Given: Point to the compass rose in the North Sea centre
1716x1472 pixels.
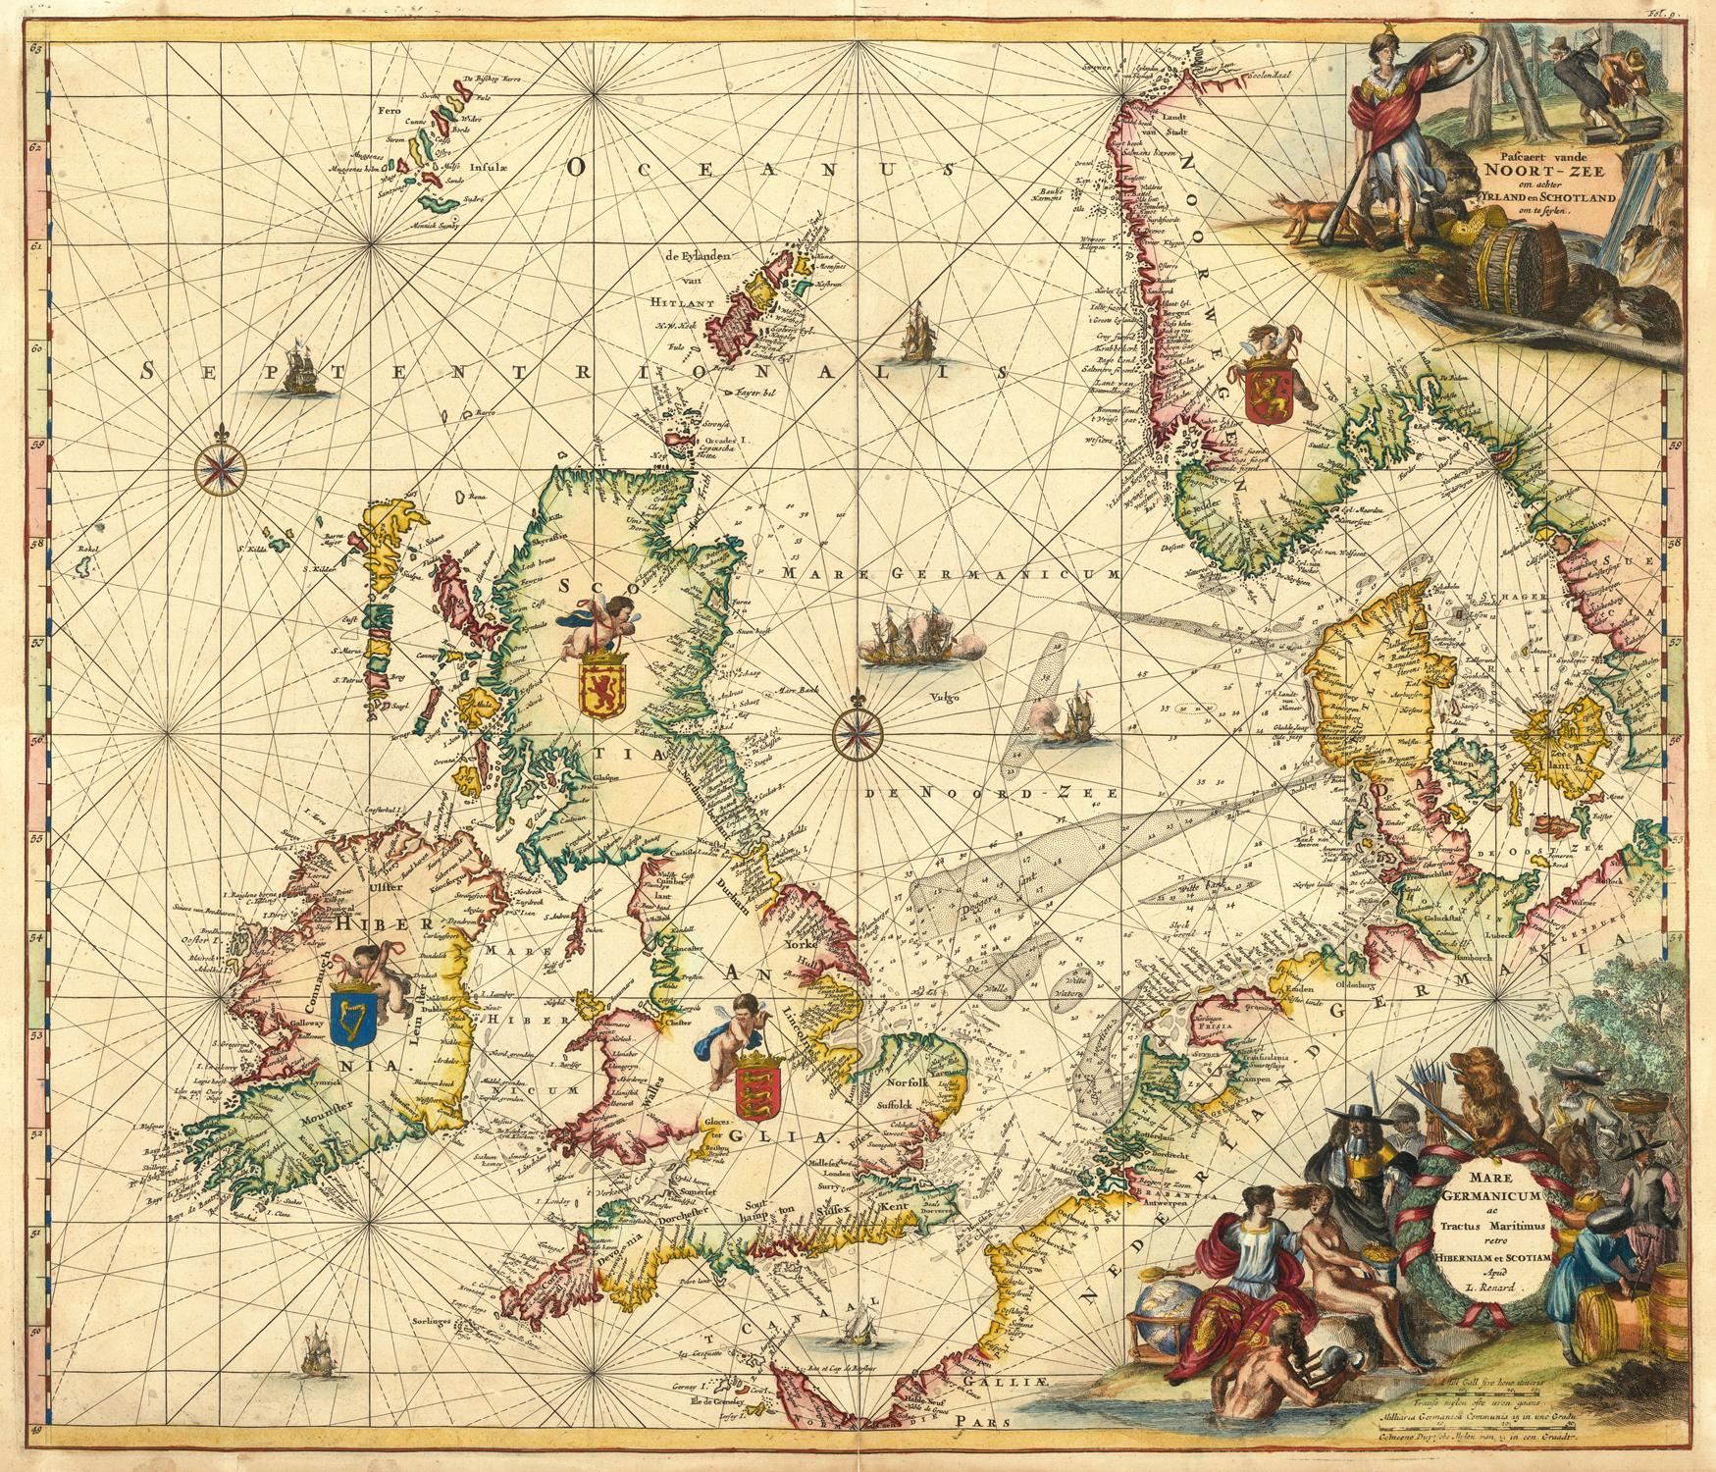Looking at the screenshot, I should point(859,731).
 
